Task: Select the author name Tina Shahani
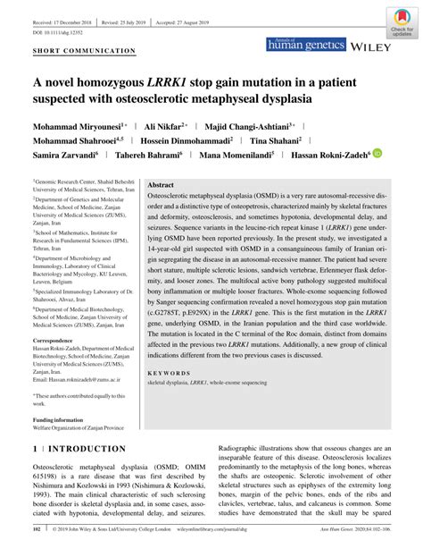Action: pos(277,139)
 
